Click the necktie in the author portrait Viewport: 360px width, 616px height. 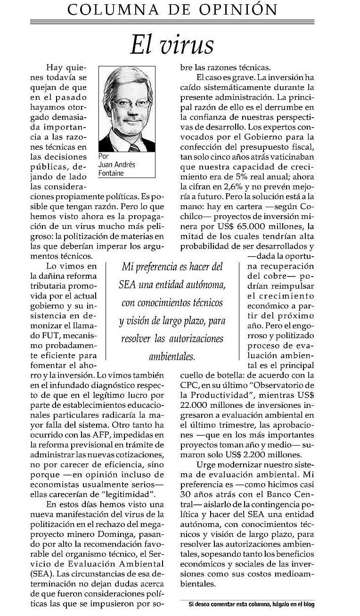coord(134,147)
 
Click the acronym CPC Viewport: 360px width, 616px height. coord(189,385)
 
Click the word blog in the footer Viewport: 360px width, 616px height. coord(308,604)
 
